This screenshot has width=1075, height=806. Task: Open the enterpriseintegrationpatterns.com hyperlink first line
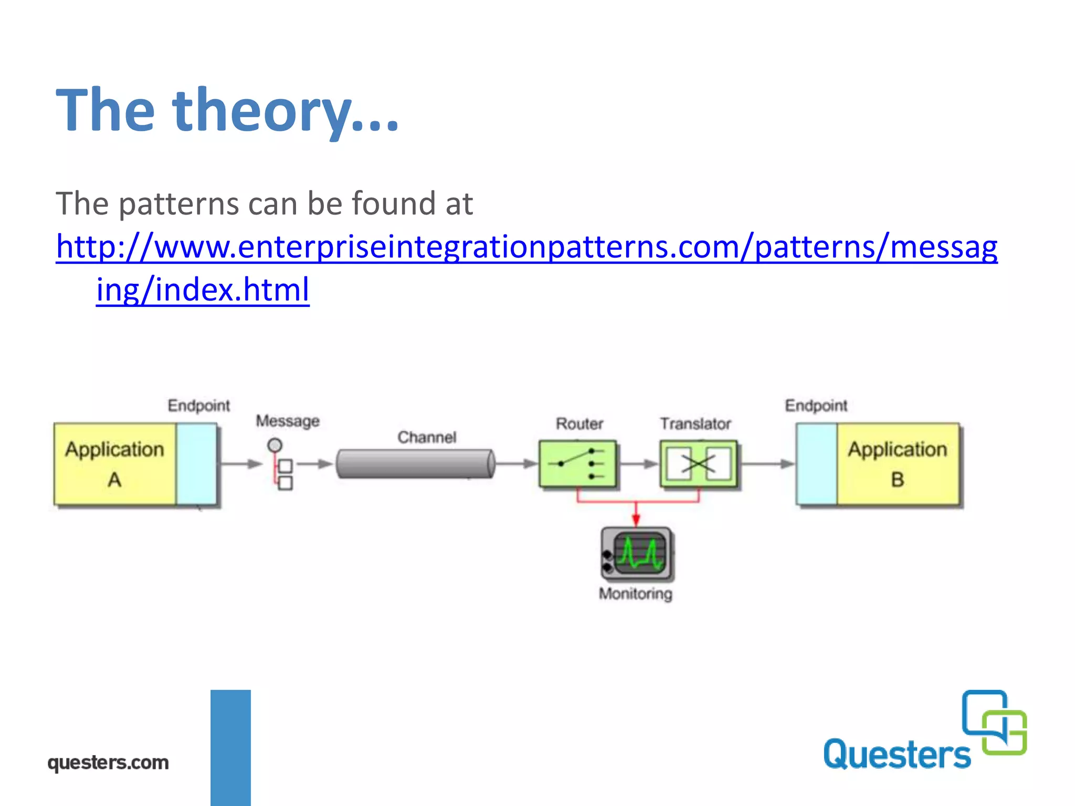pyautogui.click(x=526, y=247)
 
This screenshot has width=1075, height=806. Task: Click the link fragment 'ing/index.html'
pyautogui.click(x=203, y=290)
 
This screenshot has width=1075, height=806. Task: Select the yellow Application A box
pyautogui.click(x=114, y=464)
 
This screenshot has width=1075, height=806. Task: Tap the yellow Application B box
pyautogui.click(x=898, y=464)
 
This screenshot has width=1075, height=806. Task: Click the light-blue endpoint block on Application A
pyautogui.click(x=196, y=464)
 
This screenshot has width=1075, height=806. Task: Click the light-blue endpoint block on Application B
pyautogui.click(x=817, y=464)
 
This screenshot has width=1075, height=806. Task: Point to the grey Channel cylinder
pyautogui.click(x=415, y=464)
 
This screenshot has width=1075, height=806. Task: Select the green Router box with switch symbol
pyautogui.click(x=577, y=464)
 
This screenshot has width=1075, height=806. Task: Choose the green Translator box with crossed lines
pyautogui.click(x=698, y=464)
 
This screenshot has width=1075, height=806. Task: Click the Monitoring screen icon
pyautogui.click(x=637, y=554)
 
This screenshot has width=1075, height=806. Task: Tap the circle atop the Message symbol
pyautogui.click(x=275, y=446)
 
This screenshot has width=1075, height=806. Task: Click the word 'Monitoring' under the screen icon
pyautogui.click(x=635, y=594)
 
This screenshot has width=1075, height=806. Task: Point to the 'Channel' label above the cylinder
pyautogui.click(x=427, y=437)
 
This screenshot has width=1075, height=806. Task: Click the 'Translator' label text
pyautogui.click(x=695, y=423)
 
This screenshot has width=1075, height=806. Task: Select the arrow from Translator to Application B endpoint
pyautogui.click(x=767, y=464)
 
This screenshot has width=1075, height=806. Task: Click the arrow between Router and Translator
pyautogui.click(x=638, y=464)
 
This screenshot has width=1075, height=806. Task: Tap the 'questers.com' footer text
pyautogui.click(x=108, y=762)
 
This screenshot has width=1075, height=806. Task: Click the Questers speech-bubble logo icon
pyautogui.click(x=994, y=722)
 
